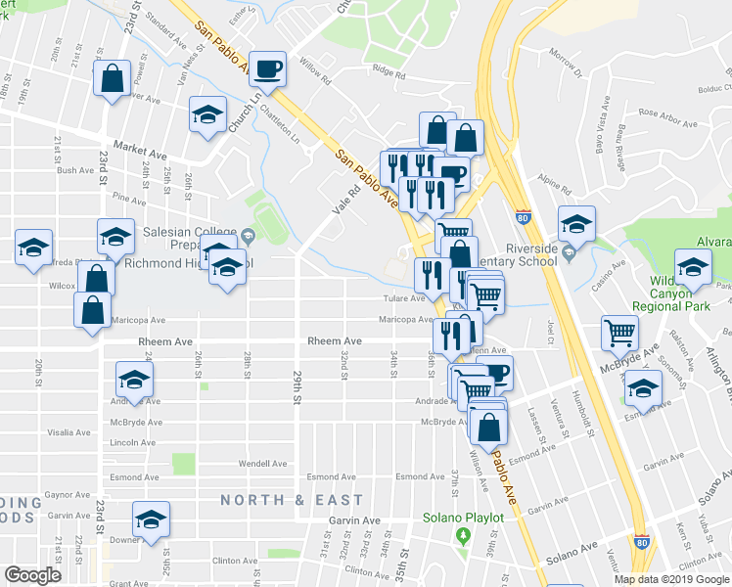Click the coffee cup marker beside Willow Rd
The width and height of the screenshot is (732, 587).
point(268,69)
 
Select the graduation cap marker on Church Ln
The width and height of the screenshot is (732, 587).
point(207,114)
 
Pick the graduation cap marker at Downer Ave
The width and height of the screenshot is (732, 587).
point(151,519)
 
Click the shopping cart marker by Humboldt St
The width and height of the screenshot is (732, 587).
point(620,333)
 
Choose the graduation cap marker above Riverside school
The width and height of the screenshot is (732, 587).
point(576,224)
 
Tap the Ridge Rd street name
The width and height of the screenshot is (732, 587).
point(388,71)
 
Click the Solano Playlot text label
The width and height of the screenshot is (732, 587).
point(463,518)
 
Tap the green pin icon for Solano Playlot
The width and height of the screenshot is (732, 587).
point(463,536)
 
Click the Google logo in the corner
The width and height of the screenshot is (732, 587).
point(32,574)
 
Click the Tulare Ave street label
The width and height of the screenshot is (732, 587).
point(403,297)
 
